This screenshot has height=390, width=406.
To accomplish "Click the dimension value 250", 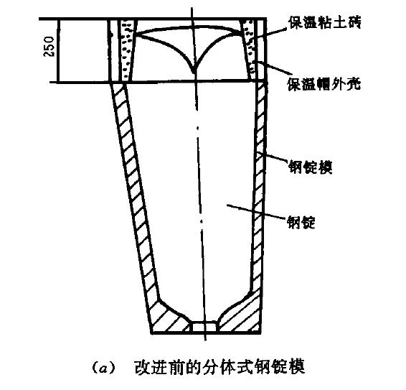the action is point(49,47).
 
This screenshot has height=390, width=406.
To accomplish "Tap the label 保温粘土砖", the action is point(325,23).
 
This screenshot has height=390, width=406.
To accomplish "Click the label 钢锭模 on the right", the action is point(310,167).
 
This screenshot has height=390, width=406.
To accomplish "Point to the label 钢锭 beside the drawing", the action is point(301,222).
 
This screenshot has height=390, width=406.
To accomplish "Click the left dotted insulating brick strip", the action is point(127,50).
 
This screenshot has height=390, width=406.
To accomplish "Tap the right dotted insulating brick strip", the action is point(249,50).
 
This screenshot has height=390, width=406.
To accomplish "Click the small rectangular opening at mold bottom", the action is point(204,327).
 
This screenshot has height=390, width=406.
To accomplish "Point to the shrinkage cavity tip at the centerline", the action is point(194,73).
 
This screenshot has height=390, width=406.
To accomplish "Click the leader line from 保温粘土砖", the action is point(270,33).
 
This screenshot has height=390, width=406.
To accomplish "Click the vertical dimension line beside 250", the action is point(59,50).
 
